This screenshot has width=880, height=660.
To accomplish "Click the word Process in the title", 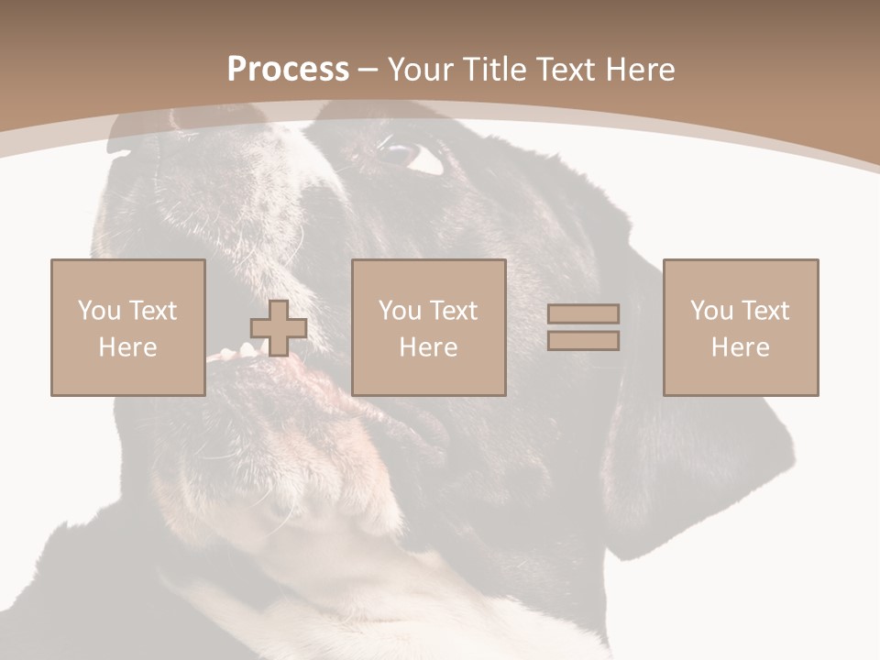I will click(288, 70).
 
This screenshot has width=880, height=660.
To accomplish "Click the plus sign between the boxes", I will click(279, 328).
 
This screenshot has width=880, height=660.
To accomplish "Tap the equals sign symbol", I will click(583, 327).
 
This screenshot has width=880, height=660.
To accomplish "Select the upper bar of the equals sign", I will click(583, 314).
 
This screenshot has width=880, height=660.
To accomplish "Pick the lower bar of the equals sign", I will click(583, 340).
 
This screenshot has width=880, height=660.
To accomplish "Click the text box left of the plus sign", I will click(127, 327).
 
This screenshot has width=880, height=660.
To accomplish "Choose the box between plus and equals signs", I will click(428, 327).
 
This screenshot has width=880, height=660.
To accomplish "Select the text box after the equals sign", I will click(740, 327).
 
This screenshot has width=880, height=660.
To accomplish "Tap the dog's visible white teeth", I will click(229, 353).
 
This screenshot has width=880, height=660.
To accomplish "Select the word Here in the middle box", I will click(428, 347).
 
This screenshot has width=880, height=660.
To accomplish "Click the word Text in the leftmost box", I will click(152, 311).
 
